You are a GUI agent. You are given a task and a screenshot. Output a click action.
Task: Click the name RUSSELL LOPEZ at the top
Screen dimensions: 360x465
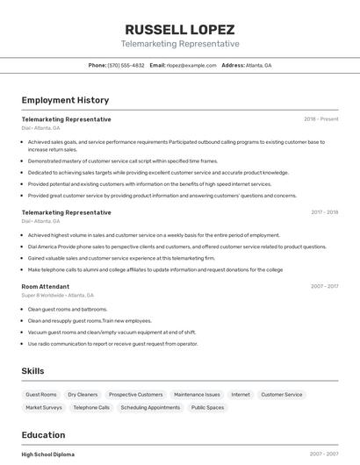pos(180,29)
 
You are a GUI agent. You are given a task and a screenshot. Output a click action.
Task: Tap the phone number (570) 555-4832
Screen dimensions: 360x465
pos(126,66)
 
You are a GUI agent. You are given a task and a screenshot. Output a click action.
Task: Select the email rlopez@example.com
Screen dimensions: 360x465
pos(191,66)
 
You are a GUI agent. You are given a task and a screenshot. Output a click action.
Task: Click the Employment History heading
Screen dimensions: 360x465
pos(65,101)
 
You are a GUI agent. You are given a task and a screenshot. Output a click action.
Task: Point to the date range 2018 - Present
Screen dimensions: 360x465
pos(321,118)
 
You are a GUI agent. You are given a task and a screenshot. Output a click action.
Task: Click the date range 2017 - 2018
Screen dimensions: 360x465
pos(324,212)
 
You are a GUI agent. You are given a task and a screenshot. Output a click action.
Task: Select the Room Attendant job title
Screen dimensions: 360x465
pos(46,286)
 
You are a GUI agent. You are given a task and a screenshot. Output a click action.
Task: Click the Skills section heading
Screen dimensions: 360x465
pos(33,371)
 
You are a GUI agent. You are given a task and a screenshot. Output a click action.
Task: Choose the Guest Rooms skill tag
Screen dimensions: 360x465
pos(41,395)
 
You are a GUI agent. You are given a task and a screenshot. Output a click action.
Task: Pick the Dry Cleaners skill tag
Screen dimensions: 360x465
pos(83,395)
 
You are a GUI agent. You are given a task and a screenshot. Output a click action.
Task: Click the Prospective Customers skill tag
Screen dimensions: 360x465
pos(136,395)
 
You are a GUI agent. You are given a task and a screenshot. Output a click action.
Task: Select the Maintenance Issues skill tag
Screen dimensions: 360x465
pos(197,395)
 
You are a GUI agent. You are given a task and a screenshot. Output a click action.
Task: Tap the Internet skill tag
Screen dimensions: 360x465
pos(241,395)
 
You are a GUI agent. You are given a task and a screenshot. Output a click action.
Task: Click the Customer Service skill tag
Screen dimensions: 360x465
pos(282,395)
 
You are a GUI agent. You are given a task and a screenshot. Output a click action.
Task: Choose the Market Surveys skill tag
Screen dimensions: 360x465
pos(44,408)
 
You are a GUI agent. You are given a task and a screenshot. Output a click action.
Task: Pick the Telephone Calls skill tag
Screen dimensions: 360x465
pos(91,408)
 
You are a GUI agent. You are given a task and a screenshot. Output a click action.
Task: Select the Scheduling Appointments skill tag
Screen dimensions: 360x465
pos(150,408)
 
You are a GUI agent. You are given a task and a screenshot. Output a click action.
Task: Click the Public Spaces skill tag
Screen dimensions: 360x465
pos(208,408)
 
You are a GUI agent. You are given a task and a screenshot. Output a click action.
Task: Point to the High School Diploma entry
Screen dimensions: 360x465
pos(48,454)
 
